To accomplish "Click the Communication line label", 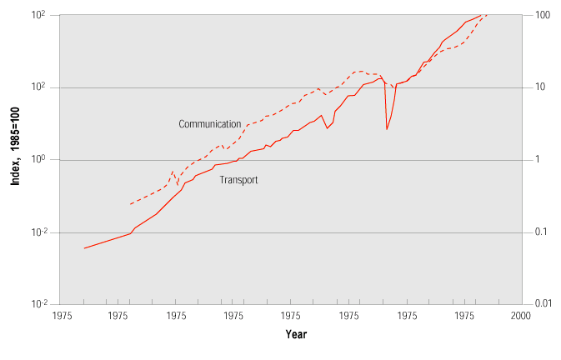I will [x=209, y=124].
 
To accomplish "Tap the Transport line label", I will [x=238, y=179].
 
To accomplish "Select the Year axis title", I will [x=296, y=334].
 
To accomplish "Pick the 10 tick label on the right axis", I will [x=541, y=87].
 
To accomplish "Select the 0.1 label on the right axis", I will [x=540, y=232].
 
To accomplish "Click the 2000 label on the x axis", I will [x=521, y=317].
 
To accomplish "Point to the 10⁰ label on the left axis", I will [x=38, y=160].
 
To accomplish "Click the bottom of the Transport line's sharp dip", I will [x=387, y=129].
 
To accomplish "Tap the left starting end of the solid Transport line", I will [x=84, y=248].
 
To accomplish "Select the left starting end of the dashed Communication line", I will [x=130, y=204].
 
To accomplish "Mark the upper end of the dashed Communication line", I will [x=487, y=15].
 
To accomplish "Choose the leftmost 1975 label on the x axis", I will [x=62, y=317].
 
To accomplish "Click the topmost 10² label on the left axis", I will [x=38, y=16].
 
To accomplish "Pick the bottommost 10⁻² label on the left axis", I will [x=38, y=304].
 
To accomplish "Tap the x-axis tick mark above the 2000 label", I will [x=521, y=301].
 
